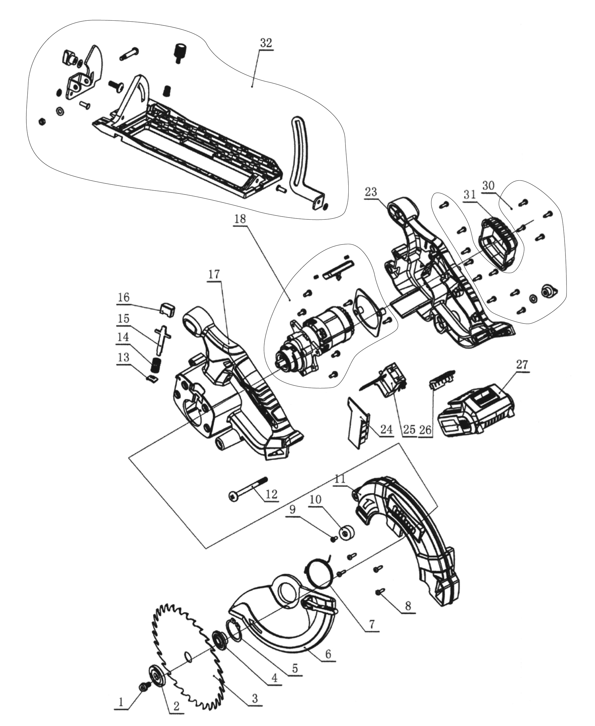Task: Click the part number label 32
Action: pos(266,43)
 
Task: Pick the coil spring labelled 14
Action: pos(156,366)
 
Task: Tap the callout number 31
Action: pos(470,194)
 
